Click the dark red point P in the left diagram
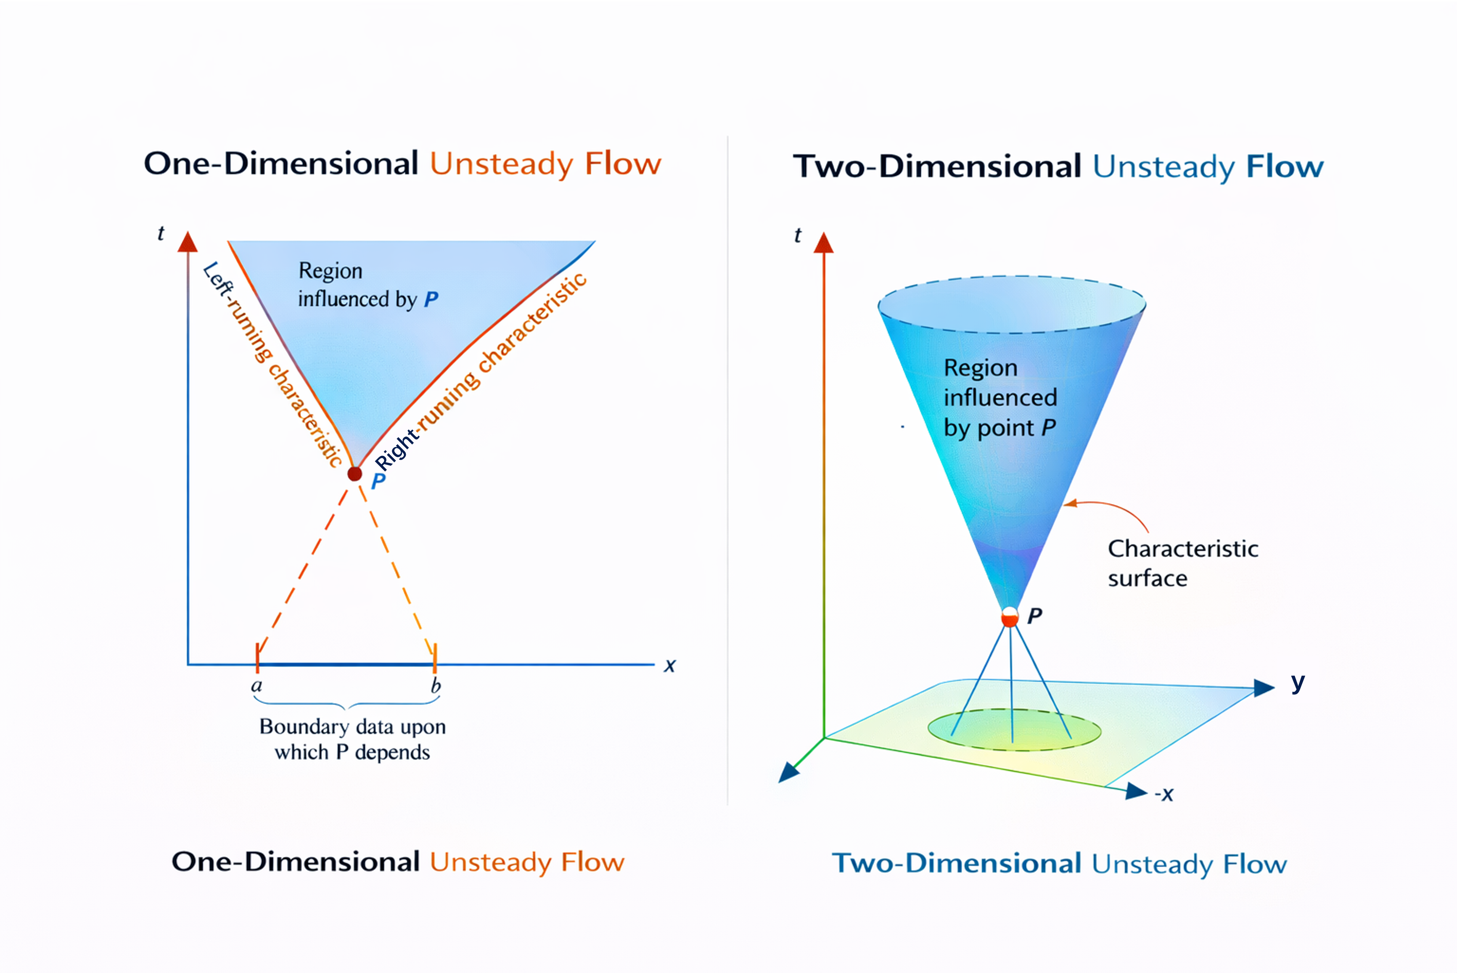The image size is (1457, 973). point(354,474)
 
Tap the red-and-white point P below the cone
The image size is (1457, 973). point(1010,617)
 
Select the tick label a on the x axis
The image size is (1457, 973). point(256,686)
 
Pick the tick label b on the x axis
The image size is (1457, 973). point(436,686)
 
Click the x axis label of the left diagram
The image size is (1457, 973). point(669,666)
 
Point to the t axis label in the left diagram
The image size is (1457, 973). point(161,233)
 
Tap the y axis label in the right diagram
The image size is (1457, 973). point(1298,682)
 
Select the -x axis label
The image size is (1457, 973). point(1164,794)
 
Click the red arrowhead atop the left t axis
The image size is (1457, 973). point(188,243)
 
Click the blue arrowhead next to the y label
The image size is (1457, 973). point(1264,687)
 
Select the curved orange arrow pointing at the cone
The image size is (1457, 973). point(1111,510)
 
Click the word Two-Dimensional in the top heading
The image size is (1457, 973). point(937,167)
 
